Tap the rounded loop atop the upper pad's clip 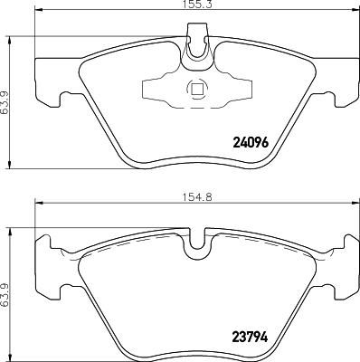coord(195,45)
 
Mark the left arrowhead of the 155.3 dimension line coord(37,15)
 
